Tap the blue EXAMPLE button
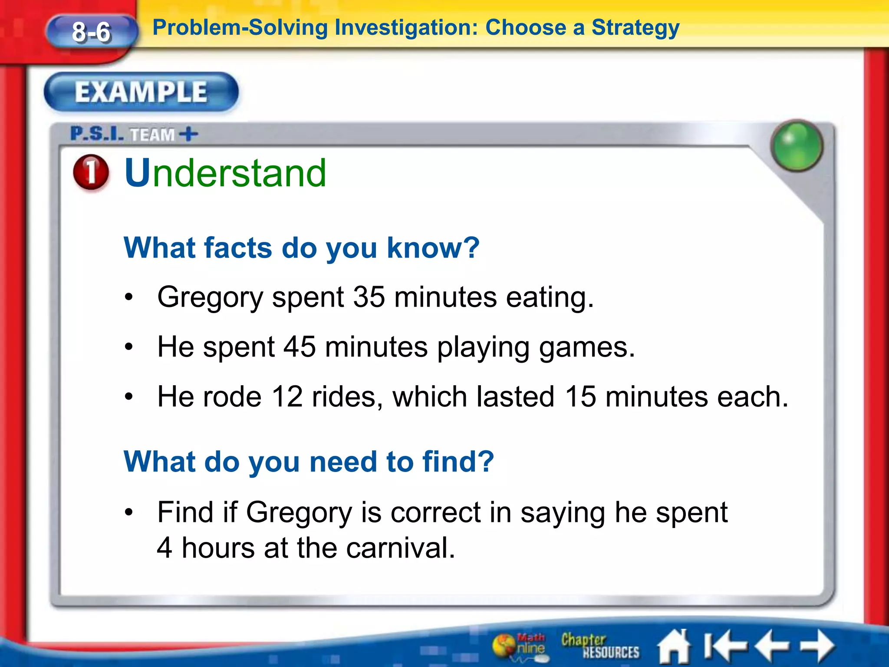pos(141,92)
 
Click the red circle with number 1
pos(91,172)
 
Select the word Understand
pos(225,173)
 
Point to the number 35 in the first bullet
pos(369,297)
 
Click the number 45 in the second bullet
pos(300,347)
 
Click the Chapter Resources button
pos(599,646)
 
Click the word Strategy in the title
pos(635,28)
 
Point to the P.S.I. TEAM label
pos(134,134)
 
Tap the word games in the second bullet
pos(587,347)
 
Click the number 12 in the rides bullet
pos(287,397)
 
